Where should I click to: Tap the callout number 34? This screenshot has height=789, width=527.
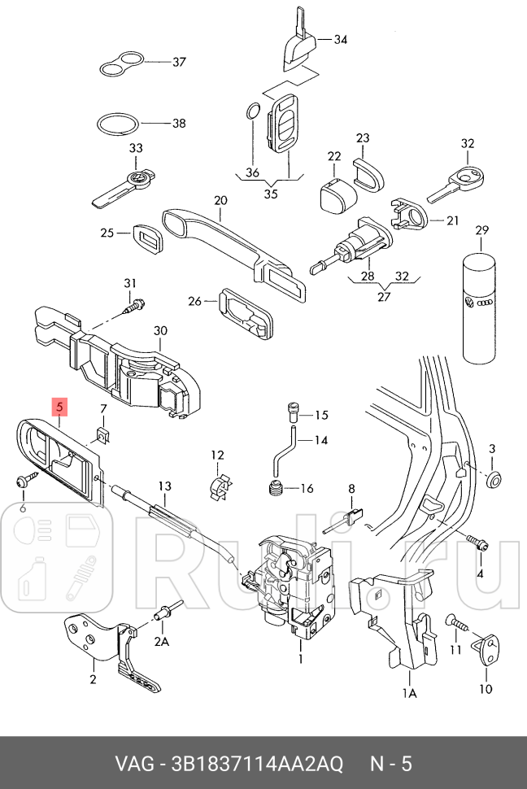[340, 39]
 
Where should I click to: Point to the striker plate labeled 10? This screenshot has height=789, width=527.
[486, 652]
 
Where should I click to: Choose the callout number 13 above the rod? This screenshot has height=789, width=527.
[165, 486]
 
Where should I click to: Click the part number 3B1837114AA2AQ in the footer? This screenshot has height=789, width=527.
[253, 765]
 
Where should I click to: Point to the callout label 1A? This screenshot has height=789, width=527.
[410, 693]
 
